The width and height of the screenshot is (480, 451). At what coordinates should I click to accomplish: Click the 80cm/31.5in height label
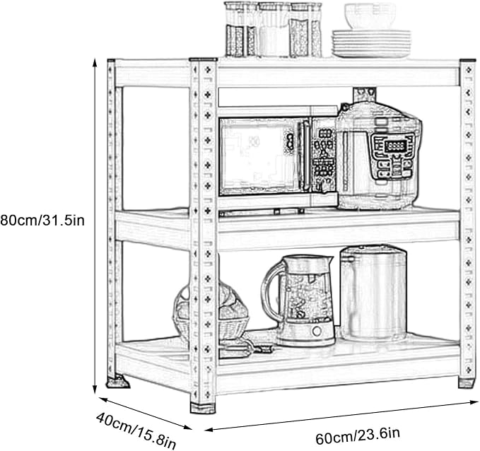tap(42, 221)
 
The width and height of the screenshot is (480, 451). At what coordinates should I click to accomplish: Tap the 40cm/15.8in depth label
tap(136, 430)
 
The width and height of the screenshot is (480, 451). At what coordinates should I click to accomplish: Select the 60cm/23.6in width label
tap(358, 435)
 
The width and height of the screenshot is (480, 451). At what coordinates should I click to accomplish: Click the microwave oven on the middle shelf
tap(278, 158)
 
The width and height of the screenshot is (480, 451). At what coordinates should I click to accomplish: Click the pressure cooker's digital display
tap(395, 146)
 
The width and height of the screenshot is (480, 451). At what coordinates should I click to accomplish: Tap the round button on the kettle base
tap(317, 331)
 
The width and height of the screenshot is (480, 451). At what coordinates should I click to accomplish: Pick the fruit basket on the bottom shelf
tap(211, 312)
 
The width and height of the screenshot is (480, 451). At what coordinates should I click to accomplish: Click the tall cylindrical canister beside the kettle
tap(373, 293)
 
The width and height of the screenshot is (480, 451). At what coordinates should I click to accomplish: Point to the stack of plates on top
tap(371, 44)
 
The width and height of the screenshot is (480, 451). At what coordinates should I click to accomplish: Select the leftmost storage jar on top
tap(240, 30)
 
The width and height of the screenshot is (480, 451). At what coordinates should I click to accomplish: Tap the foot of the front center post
tap(203, 408)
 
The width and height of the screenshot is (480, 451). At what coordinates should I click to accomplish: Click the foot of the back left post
tap(118, 382)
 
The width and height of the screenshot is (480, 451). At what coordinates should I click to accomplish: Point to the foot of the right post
tap(467, 383)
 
